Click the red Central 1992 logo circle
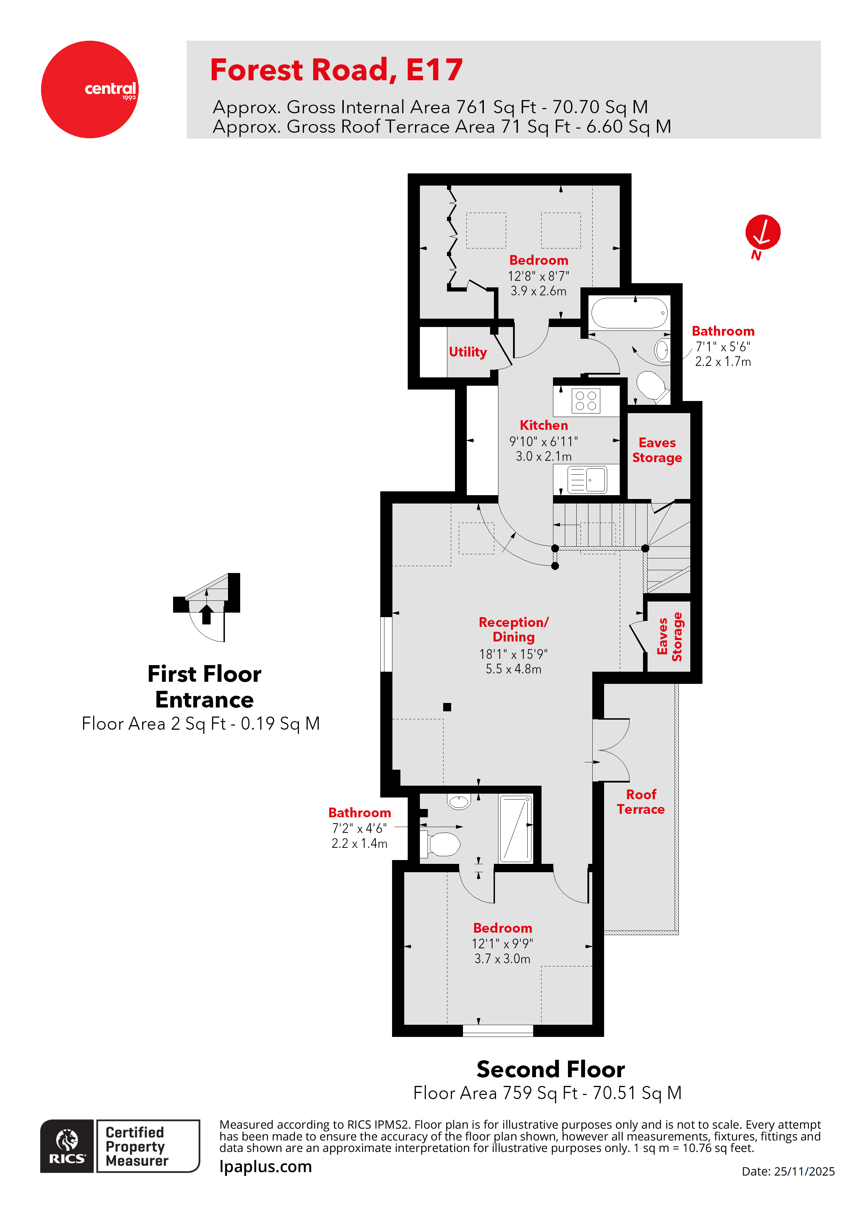(x=89, y=89)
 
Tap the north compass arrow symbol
(x=762, y=232)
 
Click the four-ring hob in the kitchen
(x=586, y=401)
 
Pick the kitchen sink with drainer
(x=587, y=480)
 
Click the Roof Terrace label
(x=641, y=802)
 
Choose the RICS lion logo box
(x=67, y=1146)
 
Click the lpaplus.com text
(x=266, y=1167)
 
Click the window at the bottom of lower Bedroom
(x=498, y=1031)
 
